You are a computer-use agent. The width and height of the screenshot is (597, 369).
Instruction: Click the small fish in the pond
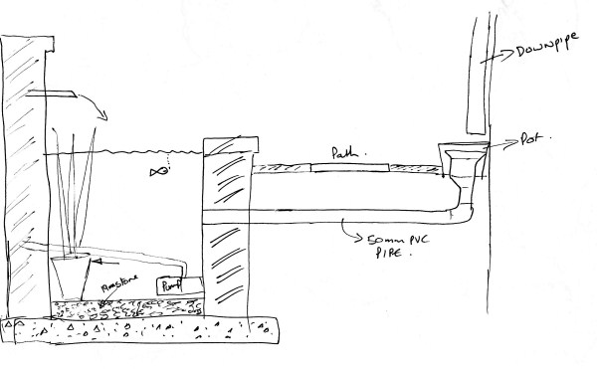(157, 173)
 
